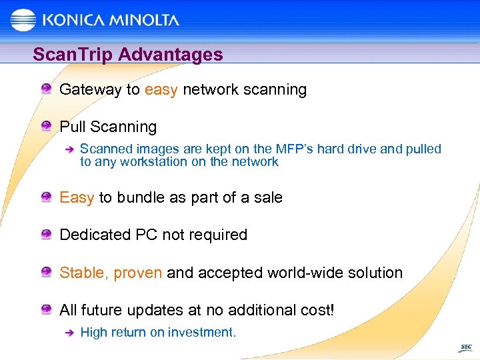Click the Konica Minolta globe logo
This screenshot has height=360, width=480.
pyautogui.click(x=24, y=20)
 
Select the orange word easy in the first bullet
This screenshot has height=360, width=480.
pyautogui.click(x=161, y=90)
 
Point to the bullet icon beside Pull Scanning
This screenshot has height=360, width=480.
pyautogui.click(x=45, y=126)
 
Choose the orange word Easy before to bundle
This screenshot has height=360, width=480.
pyautogui.click(x=77, y=197)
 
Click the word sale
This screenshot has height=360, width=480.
pyautogui.click(x=267, y=197)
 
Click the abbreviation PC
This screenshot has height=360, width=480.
pyautogui.click(x=145, y=235)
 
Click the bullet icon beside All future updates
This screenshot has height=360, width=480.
pyautogui.click(x=45, y=309)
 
